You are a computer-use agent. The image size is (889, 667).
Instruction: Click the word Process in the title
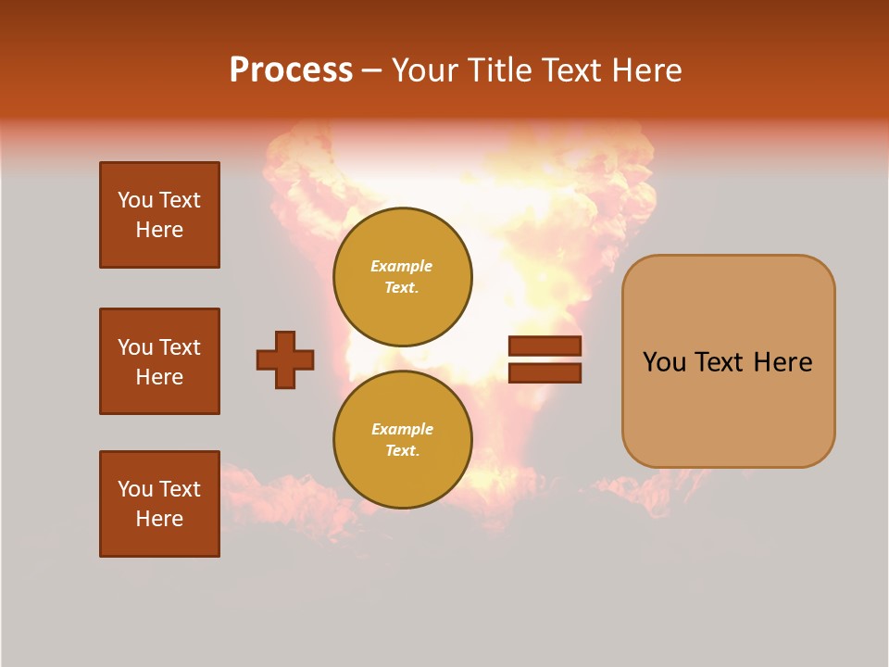[x=291, y=70]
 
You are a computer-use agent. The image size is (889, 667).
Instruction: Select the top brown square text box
[x=159, y=215]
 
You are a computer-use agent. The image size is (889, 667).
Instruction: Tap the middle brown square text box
[x=159, y=361]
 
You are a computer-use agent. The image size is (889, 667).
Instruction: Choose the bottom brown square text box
[x=159, y=504]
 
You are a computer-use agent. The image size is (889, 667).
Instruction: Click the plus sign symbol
[x=285, y=359]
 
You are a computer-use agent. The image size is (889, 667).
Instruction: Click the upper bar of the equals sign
[x=545, y=346]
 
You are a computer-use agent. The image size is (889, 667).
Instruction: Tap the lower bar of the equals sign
[x=545, y=373]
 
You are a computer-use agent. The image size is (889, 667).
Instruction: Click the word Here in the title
[x=645, y=70]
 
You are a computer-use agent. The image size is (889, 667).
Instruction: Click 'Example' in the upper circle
[x=401, y=266]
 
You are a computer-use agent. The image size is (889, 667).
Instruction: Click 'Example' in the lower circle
[x=402, y=429]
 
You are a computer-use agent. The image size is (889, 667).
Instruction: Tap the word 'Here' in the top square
[x=159, y=230]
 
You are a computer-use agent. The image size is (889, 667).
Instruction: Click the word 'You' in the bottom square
[x=135, y=489]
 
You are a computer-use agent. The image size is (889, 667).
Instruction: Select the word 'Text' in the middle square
[x=180, y=347]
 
